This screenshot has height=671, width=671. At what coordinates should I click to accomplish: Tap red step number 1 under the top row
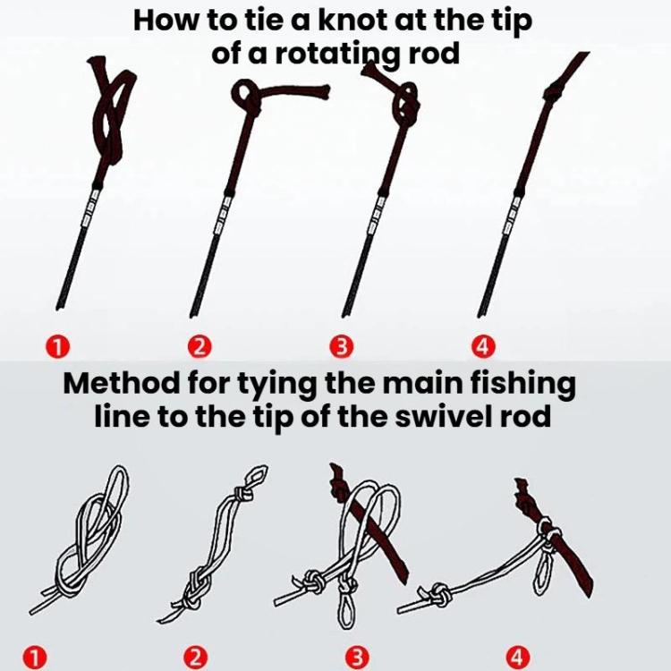point(58,345)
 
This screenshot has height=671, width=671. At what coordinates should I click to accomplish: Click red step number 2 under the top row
point(200,346)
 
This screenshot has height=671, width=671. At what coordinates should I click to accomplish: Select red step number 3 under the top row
point(342,346)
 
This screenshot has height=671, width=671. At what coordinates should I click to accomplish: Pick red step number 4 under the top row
point(483,346)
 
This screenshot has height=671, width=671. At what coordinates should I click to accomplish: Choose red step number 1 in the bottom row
point(35,658)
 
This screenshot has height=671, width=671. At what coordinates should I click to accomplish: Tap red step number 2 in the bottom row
point(196,658)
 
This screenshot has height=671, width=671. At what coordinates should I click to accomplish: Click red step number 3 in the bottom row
point(357,658)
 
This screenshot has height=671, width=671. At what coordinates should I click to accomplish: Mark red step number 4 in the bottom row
point(518,658)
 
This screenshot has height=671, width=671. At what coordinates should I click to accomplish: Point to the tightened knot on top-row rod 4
point(553,90)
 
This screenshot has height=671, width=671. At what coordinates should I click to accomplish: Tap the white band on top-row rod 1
point(89,208)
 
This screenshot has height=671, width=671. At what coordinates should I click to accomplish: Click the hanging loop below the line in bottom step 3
point(345,608)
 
